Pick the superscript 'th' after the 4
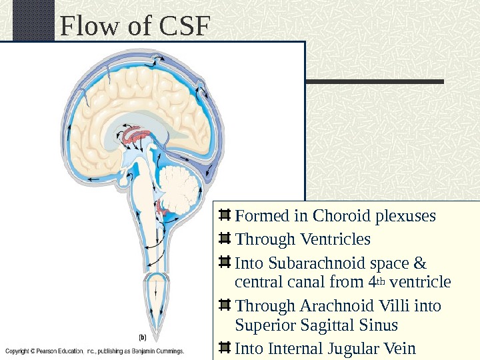(x=381, y=280)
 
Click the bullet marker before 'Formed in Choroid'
(x=225, y=215)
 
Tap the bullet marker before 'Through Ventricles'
(x=225, y=238)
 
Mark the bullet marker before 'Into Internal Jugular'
(x=225, y=347)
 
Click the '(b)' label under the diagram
(x=142, y=337)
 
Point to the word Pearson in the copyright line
(x=45, y=350)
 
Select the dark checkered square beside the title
(x=33, y=20)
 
